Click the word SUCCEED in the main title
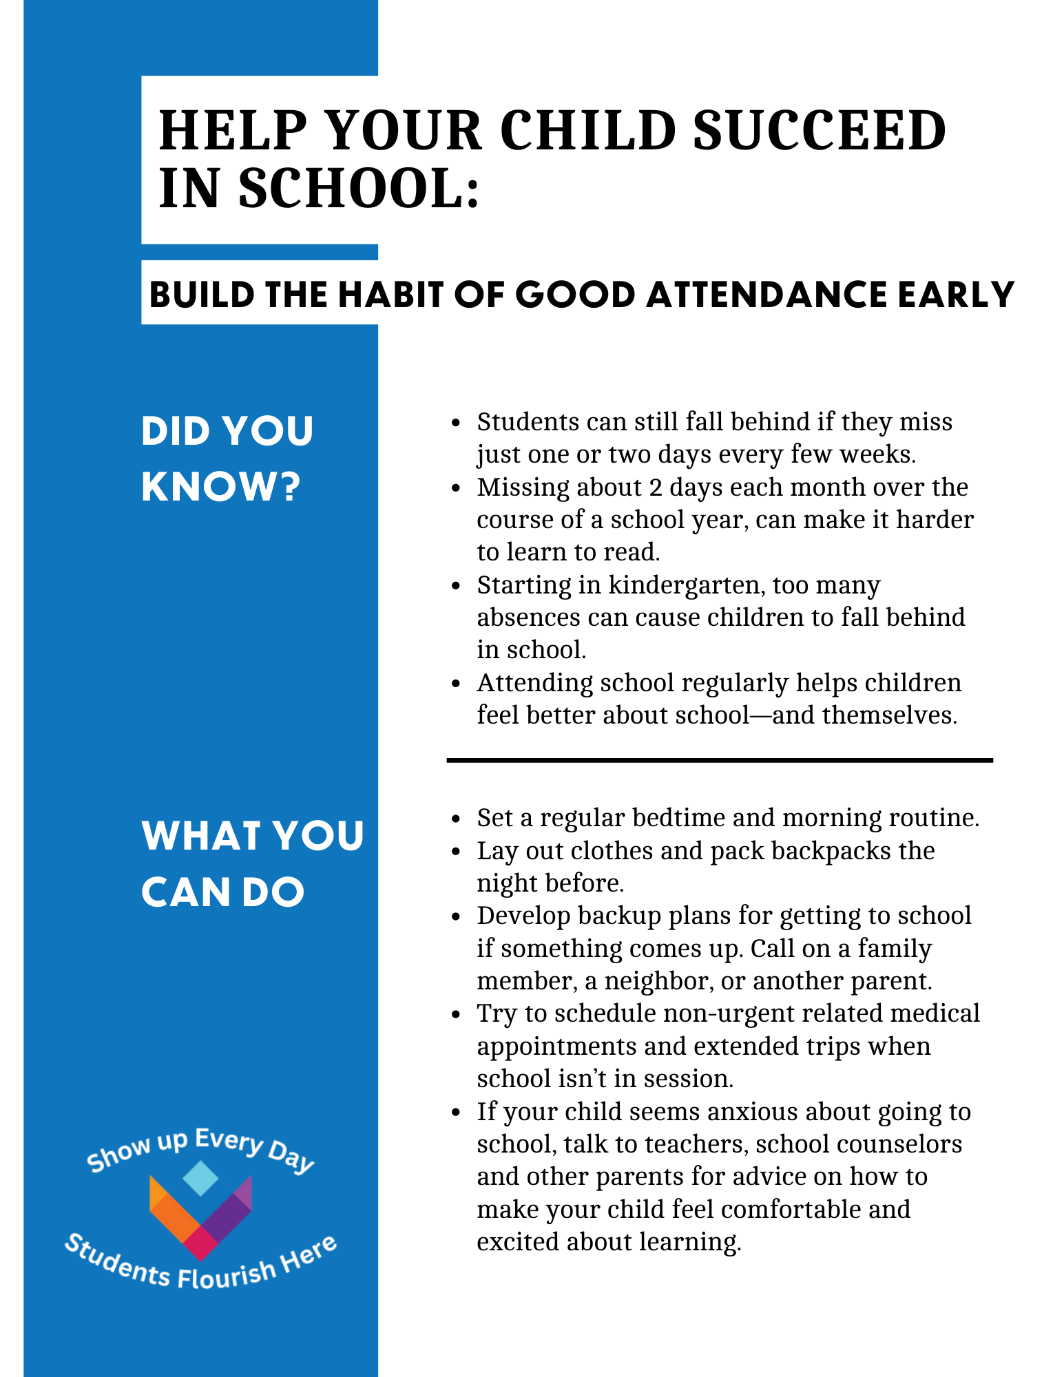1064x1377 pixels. click(819, 130)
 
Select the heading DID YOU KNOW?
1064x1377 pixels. click(227, 459)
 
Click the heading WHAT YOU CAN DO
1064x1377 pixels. click(252, 863)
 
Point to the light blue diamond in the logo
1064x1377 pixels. click(200, 1178)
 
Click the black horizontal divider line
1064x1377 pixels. click(719, 760)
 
